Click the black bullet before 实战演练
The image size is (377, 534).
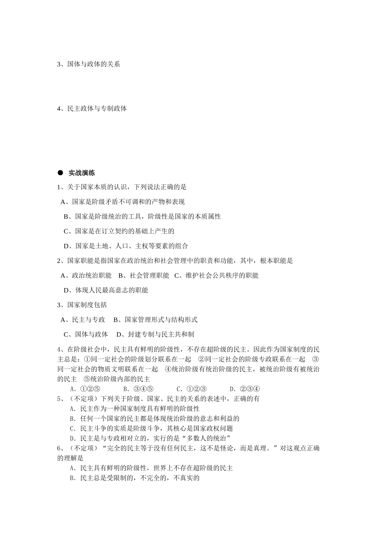coord(60,173)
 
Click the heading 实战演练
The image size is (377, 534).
coord(81,173)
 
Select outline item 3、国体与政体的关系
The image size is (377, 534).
coord(88,64)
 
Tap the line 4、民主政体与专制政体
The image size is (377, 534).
coord(92,108)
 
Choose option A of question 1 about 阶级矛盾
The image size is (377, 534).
coord(123,202)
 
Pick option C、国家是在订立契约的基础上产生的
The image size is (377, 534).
coord(119,231)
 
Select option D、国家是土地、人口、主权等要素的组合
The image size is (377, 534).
coord(126,246)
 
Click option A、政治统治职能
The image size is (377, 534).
coord(86,275)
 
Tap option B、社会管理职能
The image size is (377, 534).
coord(144,275)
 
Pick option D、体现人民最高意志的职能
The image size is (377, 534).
coord(106,290)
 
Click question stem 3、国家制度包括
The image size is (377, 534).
coord(82,305)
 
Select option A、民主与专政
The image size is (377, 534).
coord(83,319)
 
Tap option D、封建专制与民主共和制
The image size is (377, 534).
coord(155,334)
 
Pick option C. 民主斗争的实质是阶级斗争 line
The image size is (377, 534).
coord(151,428)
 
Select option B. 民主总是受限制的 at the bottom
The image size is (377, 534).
coord(135,478)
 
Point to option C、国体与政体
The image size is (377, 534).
coord(86,334)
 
